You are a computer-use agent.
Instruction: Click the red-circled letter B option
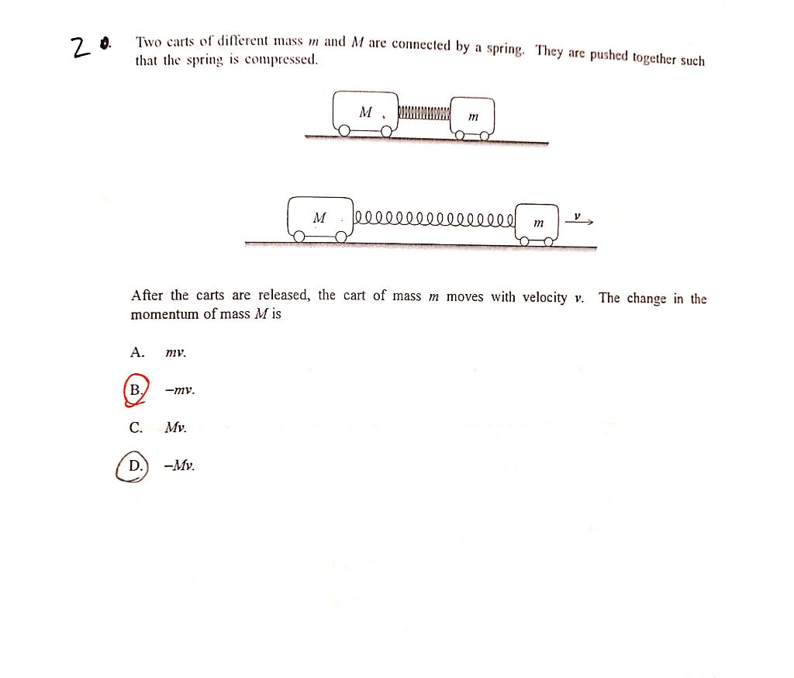[x=136, y=389]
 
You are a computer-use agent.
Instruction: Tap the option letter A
[x=136, y=352]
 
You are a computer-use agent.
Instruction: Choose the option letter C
[x=136, y=427]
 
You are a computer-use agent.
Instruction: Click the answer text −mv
[x=179, y=390]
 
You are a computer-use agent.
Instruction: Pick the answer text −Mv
[x=179, y=466]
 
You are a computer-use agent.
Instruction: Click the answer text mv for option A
[x=176, y=353]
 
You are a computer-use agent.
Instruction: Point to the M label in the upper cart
[x=366, y=112]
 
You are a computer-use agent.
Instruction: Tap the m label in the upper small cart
[x=473, y=117]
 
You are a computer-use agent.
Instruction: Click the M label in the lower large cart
[x=319, y=217]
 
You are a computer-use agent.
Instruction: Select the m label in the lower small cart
[x=538, y=223]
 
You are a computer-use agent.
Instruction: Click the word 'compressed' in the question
[x=281, y=60]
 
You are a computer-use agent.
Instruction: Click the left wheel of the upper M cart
[x=343, y=133]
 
